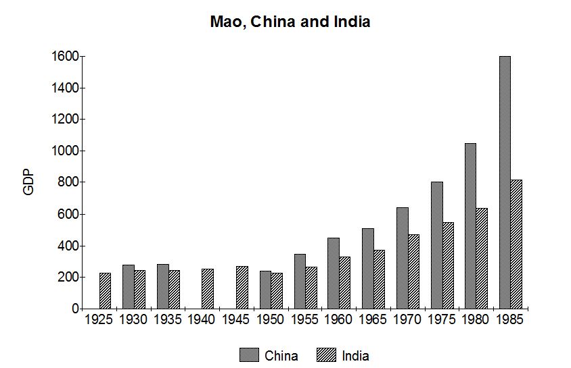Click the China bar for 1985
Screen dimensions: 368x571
click(x=505, y=182)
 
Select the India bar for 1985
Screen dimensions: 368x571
click(x=516, y=244)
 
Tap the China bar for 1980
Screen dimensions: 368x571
click(x=470, y=226)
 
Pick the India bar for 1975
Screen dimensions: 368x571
click(x=447, y=265)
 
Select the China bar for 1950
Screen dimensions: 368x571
click(x=265, y=290)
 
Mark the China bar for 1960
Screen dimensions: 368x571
click(x=334, y=273)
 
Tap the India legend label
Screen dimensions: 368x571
click(x=355, y=355)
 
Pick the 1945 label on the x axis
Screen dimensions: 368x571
click(x=236, y=319)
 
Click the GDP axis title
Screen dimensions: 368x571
click(x=28, y=182)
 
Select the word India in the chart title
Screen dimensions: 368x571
click(x=352, y=22)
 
